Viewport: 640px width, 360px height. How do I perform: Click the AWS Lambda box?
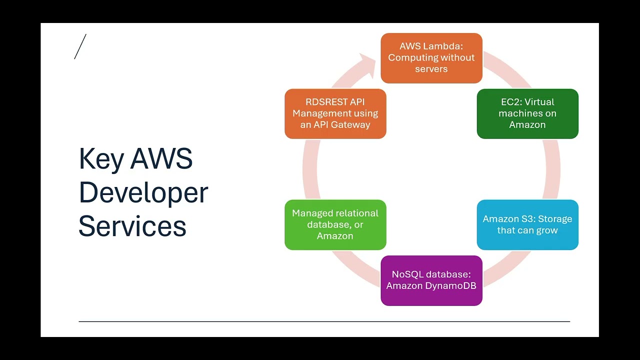431,58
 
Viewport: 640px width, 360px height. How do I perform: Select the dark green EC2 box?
527,113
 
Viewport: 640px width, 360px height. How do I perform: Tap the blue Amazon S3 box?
527,224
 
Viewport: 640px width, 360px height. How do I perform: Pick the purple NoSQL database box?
431,280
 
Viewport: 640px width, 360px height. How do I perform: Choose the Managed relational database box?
335,224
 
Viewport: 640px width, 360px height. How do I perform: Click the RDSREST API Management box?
335,113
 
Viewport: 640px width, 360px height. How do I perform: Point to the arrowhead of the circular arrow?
367,65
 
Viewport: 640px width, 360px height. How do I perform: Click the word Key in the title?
101,159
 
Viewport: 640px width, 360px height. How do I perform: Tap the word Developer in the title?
143,193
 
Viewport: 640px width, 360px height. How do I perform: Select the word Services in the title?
132,226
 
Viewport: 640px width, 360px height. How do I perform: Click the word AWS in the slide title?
161,158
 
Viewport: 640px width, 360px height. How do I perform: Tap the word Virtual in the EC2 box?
540,102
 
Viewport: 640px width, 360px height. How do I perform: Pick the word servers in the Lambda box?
431,69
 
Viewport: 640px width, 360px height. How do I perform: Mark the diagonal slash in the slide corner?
80,46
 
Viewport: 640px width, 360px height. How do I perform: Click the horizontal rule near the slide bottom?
324,321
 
